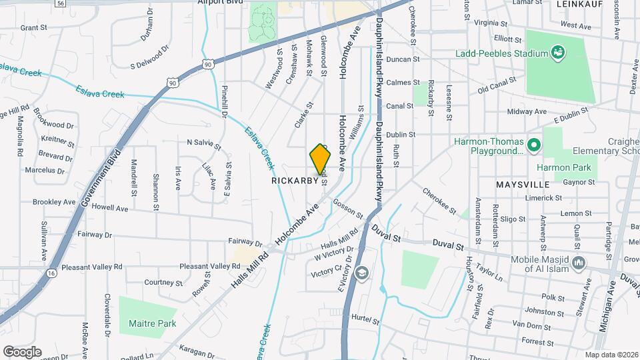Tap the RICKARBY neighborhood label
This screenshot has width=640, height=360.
(x=293, y=181)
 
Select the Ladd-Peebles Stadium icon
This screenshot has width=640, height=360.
(x=558, y=52)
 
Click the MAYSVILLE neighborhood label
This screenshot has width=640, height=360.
(x=522, y=183)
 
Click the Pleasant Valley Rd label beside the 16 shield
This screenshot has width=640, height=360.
(x=92, y=267)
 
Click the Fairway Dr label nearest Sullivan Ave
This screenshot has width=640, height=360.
(x=95, y=235)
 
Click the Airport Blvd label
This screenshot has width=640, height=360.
(x=219, y=3)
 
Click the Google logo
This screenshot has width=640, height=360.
(x=22, y=351)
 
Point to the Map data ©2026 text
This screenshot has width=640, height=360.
(x=611, y=355)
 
